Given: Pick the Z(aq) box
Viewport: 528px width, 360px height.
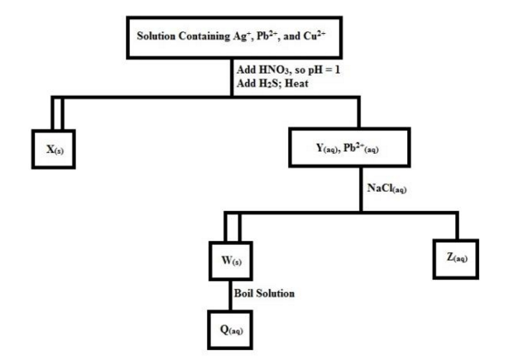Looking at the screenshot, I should (455, 258).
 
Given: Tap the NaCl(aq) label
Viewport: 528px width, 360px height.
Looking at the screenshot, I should (386, 188).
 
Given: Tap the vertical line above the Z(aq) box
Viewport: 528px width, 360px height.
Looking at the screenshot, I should (455, 225).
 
